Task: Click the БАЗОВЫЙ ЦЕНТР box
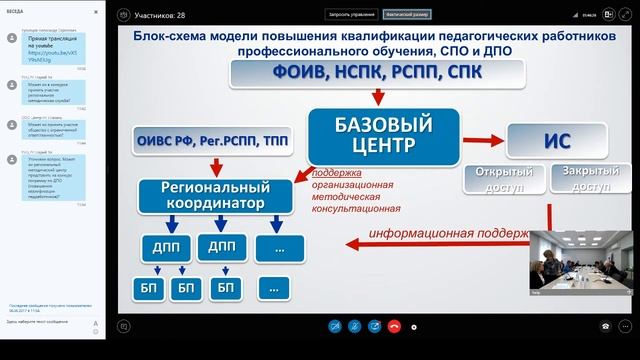pos(383,136)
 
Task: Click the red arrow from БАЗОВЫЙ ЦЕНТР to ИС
pos(483,137)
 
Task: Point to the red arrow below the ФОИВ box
pos(379,98)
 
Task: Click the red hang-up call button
pos(394,326)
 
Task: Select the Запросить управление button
pos(349,15)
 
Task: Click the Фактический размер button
pos(405,15)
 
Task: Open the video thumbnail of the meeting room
pos(581,263)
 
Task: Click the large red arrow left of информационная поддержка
pos(353,241)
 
